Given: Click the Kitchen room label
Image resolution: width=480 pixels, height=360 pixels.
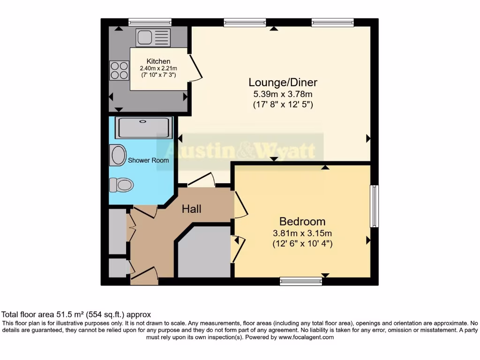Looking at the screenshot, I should [158, 61].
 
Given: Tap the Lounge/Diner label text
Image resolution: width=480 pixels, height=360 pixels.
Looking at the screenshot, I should [283, 82].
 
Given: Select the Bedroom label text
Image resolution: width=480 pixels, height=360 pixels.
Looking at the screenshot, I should [302, 221].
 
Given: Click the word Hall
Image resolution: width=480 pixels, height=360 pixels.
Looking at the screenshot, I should [192, 209].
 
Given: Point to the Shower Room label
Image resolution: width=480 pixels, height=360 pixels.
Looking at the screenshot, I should [149, 160].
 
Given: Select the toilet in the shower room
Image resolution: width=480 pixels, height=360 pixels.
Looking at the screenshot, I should [121, 185].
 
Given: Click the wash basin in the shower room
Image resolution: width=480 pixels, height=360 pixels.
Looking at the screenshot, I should [118, 155].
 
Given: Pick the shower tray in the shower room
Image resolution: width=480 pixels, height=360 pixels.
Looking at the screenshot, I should [144, 127].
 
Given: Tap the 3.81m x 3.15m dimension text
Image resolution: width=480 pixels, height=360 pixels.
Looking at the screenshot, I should [302, 233].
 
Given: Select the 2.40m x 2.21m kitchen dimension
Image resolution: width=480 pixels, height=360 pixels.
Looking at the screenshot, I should [158, 68].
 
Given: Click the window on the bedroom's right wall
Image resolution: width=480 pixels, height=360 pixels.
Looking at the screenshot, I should [374, 206].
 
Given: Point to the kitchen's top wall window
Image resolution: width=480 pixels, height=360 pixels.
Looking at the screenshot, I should [150, 22].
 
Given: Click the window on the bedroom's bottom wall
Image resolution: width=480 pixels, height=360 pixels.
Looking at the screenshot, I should [300, 281].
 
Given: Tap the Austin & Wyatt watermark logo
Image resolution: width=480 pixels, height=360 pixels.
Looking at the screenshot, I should [240, 151].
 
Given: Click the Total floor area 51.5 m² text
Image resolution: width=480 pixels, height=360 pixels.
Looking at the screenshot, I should [76, 315].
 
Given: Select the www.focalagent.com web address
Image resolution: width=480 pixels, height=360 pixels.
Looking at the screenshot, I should [306, 337].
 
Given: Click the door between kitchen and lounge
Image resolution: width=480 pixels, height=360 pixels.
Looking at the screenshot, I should [196, 67].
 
